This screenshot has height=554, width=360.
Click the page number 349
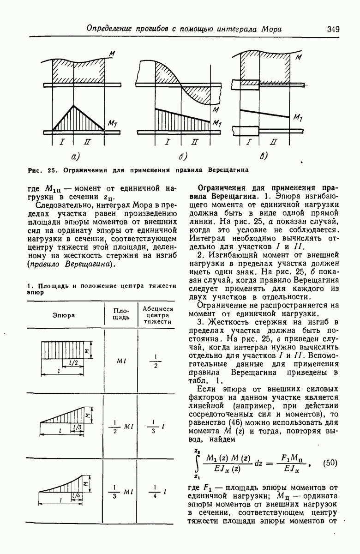pyautogui.click(x=333, y=29)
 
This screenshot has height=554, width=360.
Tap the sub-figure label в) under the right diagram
pyautogui.click(x=264, y=156)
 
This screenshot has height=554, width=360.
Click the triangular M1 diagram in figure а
pyautogui.click(x=74, y=121)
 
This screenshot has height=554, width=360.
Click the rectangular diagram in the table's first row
pyautogui.click(x=65, y=350)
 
